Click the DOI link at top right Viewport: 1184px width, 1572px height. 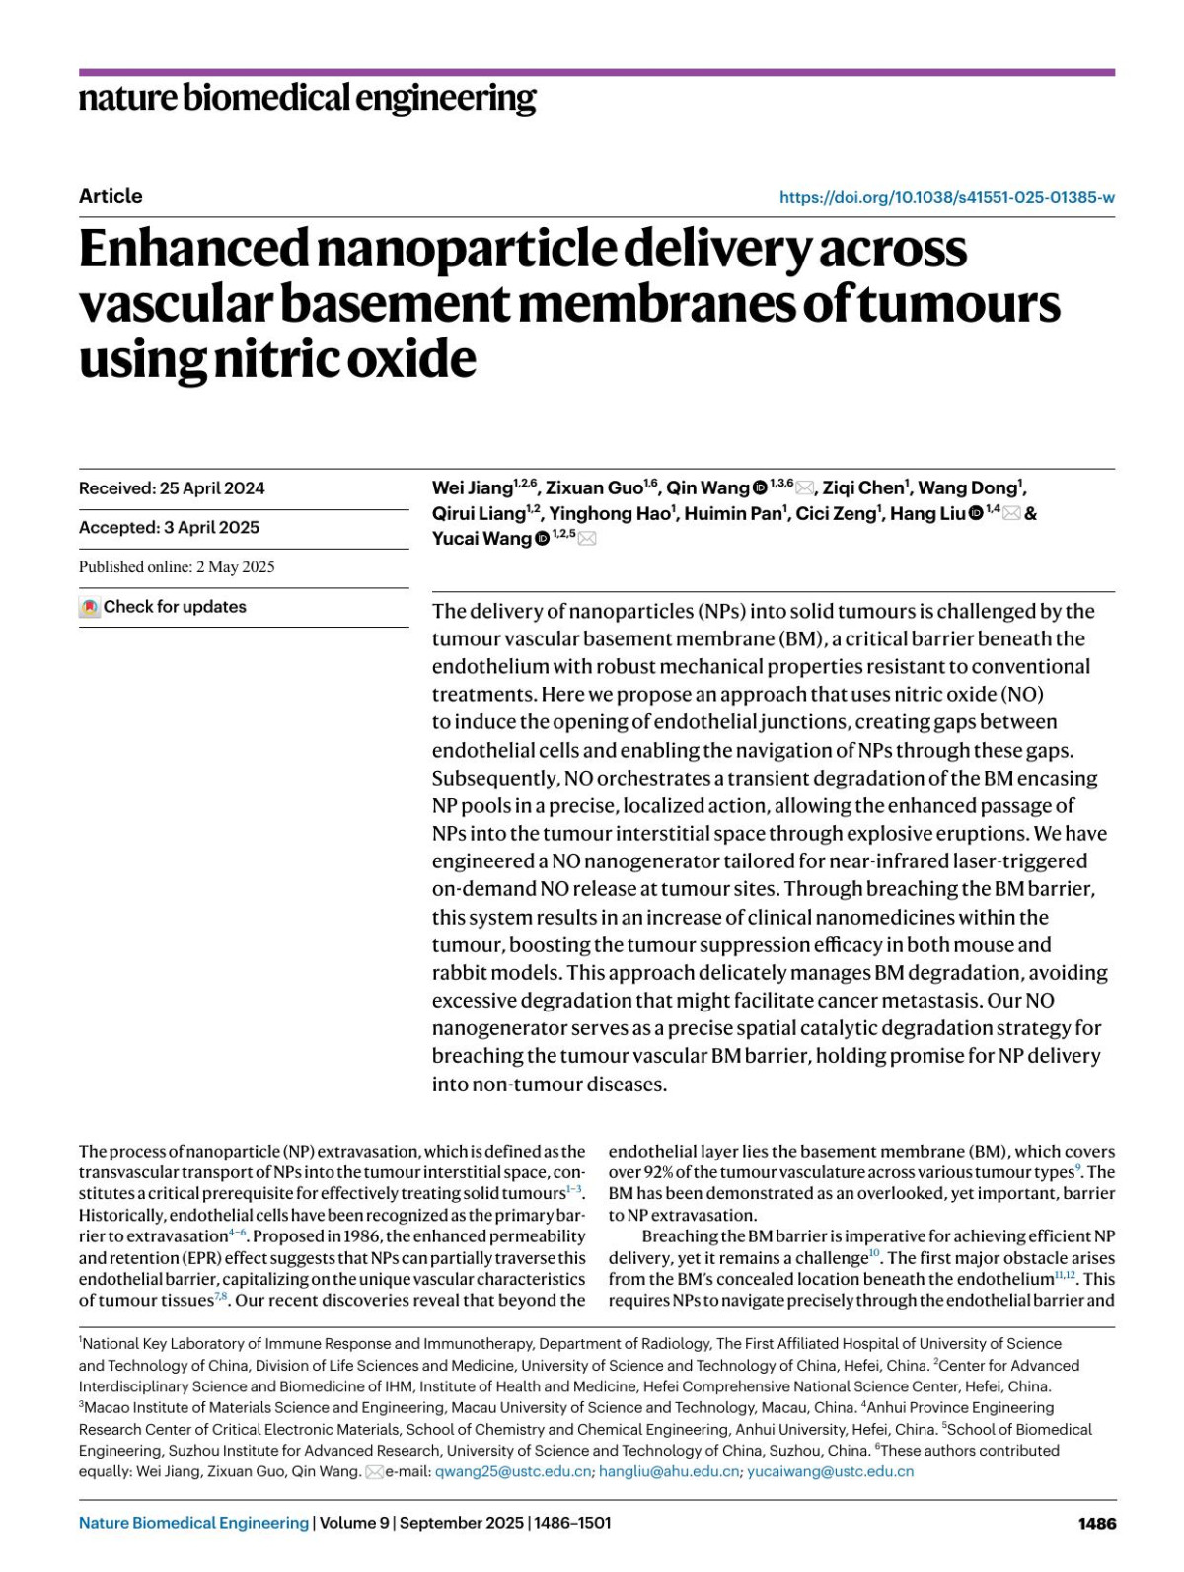click(946, 197)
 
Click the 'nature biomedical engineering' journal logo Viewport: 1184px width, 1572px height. click(307, 98)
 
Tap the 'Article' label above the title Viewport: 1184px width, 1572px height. click(111, 196)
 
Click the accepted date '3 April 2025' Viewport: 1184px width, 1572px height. click(212, 528)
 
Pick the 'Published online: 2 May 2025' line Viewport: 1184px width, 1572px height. click(177, 567)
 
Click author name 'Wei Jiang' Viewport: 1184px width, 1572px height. click(472, 488)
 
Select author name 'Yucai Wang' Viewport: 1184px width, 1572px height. click(481, 539)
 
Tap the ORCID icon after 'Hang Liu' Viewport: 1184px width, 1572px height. click(976, 513)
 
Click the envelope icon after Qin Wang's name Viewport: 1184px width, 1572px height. click(805, 488)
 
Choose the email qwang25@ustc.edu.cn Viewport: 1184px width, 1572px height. click(514, 1472)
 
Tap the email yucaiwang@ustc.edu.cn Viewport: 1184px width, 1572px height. click(830, 1472)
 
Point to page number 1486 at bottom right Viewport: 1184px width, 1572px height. click(1097, 1524)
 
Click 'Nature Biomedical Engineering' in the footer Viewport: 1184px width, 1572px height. click(193, 1524)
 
